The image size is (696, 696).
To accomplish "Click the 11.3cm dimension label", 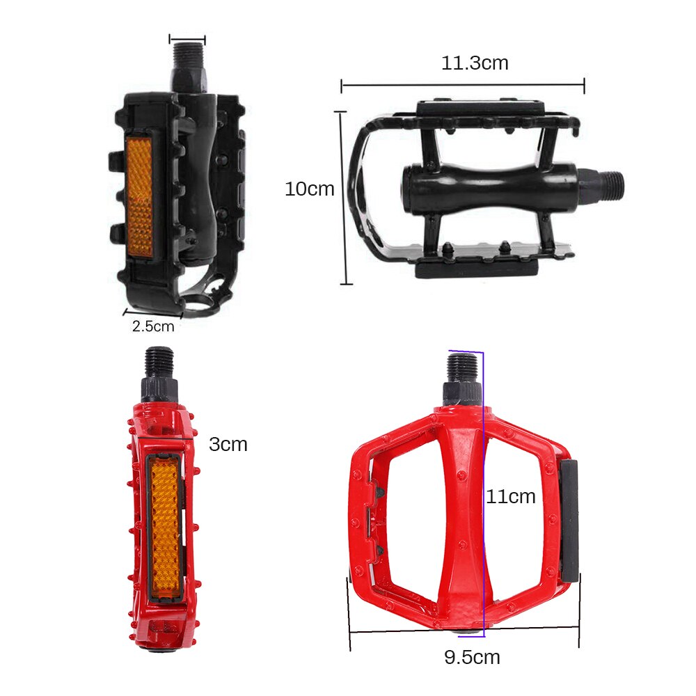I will click(475, 63).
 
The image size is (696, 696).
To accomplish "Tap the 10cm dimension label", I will click(309, 189).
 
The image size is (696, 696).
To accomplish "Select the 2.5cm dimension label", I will click(153, 325).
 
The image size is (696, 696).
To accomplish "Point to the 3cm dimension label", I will click(228, 444).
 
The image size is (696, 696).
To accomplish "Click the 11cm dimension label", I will click(511, 496).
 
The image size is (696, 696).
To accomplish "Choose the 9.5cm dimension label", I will click(472, 657).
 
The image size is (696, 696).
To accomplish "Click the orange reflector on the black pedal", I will click(142, 193).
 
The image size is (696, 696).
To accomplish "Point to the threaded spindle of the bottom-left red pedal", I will click(160, 363).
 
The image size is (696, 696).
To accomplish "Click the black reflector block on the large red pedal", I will click(569, 519).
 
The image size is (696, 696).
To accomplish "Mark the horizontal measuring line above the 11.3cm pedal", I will click(462, 86).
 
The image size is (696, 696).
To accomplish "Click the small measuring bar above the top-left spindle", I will click(187, 40).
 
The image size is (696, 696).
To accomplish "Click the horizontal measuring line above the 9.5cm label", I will click(464, 630).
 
